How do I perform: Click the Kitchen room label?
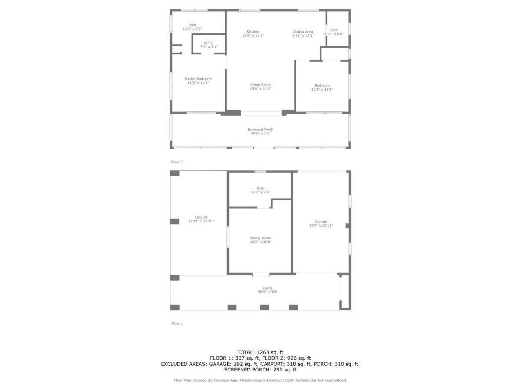tap(253, 32)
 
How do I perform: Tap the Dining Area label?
tap(303, 32)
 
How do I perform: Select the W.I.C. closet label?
tap(209, 43)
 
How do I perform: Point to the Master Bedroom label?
tap(198, 79)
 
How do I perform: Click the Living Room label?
tap(260, 85)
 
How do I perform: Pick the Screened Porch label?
tap(260, 130)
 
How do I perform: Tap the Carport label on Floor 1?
tap(201, 217)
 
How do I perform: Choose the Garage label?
tap(321, 222)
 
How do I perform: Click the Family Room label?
tap(260, 238)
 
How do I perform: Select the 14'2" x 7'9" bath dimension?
tap(260, 192)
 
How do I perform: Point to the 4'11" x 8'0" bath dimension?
tap(334, 34)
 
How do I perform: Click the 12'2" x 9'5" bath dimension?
tap(192, 29)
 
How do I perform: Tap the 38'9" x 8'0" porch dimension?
tap(267, 292)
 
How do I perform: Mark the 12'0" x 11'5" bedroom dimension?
tap(322, 90)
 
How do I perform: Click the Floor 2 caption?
tap(177, 162)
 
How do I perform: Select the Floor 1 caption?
tap(177, 323)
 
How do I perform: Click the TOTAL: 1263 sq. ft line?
tap(260, 352)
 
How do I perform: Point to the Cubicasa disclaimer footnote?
tap(260, 380)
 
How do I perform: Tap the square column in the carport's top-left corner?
tap(175, 174)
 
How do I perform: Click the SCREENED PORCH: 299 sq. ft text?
tap(260, 370)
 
